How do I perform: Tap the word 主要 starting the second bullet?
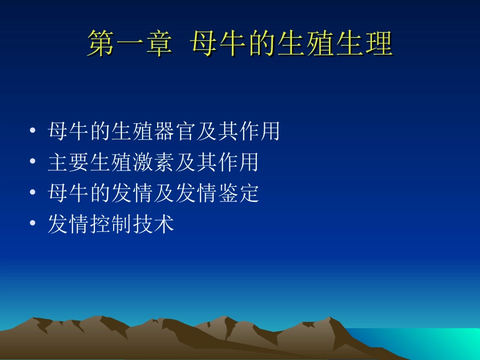pyautogui.click(x=69, y=163)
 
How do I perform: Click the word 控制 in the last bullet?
pyautogui.click(x=111, y=224)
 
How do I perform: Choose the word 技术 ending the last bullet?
pyautogui.click(x=154, y=224)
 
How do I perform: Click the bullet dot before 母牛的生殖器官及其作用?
pyautogui.click(x=32, y=132)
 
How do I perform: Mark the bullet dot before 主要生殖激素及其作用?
pyautogui.click(x=32, y=163)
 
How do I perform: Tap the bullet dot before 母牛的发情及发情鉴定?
pyautogui.click(x=32, y=193)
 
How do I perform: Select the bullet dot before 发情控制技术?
pyautogui.click(x=32, y=224)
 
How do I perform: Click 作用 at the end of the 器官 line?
pyautogui.click(x=260, y=132)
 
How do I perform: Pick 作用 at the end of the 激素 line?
pyautogui.click(x=238, y=163)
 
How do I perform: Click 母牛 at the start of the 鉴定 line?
pyautogui.click(x=69, y=193)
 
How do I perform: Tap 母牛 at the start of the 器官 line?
pyautogui.click(x=69, y=132)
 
